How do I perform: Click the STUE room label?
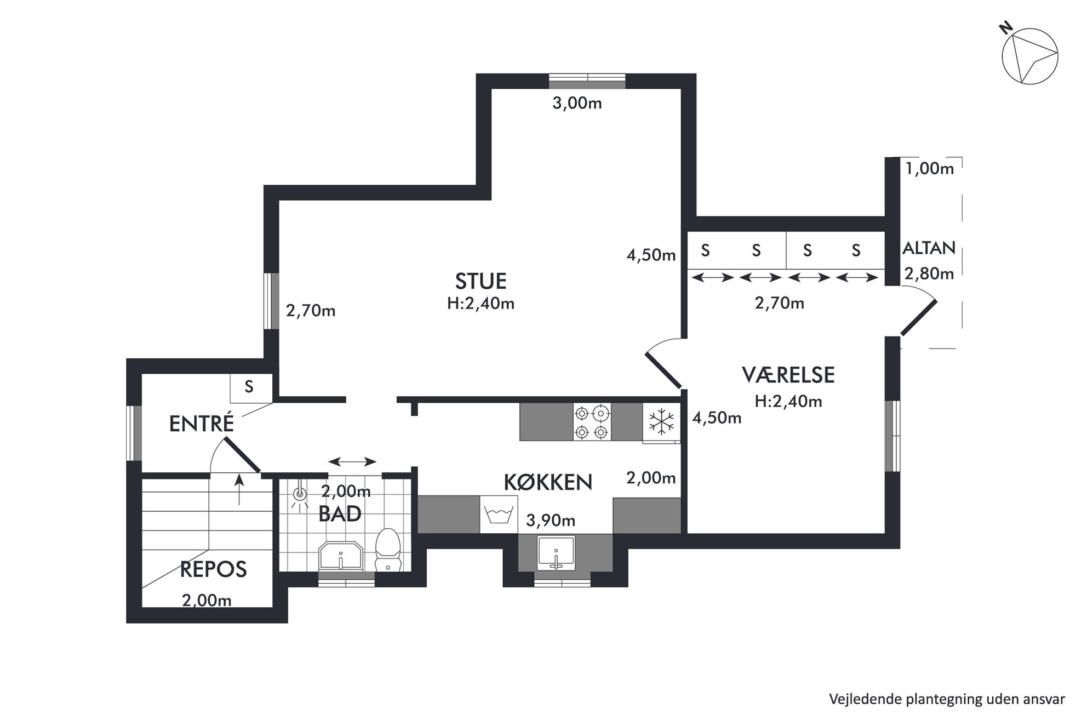[480, 281]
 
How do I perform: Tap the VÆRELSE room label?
[788, 375]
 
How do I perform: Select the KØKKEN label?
[548, 482]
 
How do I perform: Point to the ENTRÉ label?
[202, 423]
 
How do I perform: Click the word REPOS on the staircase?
[214, 569]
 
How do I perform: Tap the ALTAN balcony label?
[929, 248]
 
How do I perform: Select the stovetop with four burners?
[592, 421]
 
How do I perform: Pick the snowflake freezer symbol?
[661, 421]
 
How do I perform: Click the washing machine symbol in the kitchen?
[499, 515]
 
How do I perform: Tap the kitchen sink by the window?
[556, 552]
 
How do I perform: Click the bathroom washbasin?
[341, 557]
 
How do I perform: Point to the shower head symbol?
[299, 495]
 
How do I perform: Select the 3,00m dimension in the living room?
[577, 103]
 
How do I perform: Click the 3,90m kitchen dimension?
[551, 520]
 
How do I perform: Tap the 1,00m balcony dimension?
[929, 169]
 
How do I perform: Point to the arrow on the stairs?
[239, 489]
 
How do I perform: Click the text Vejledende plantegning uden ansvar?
[947, 699]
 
